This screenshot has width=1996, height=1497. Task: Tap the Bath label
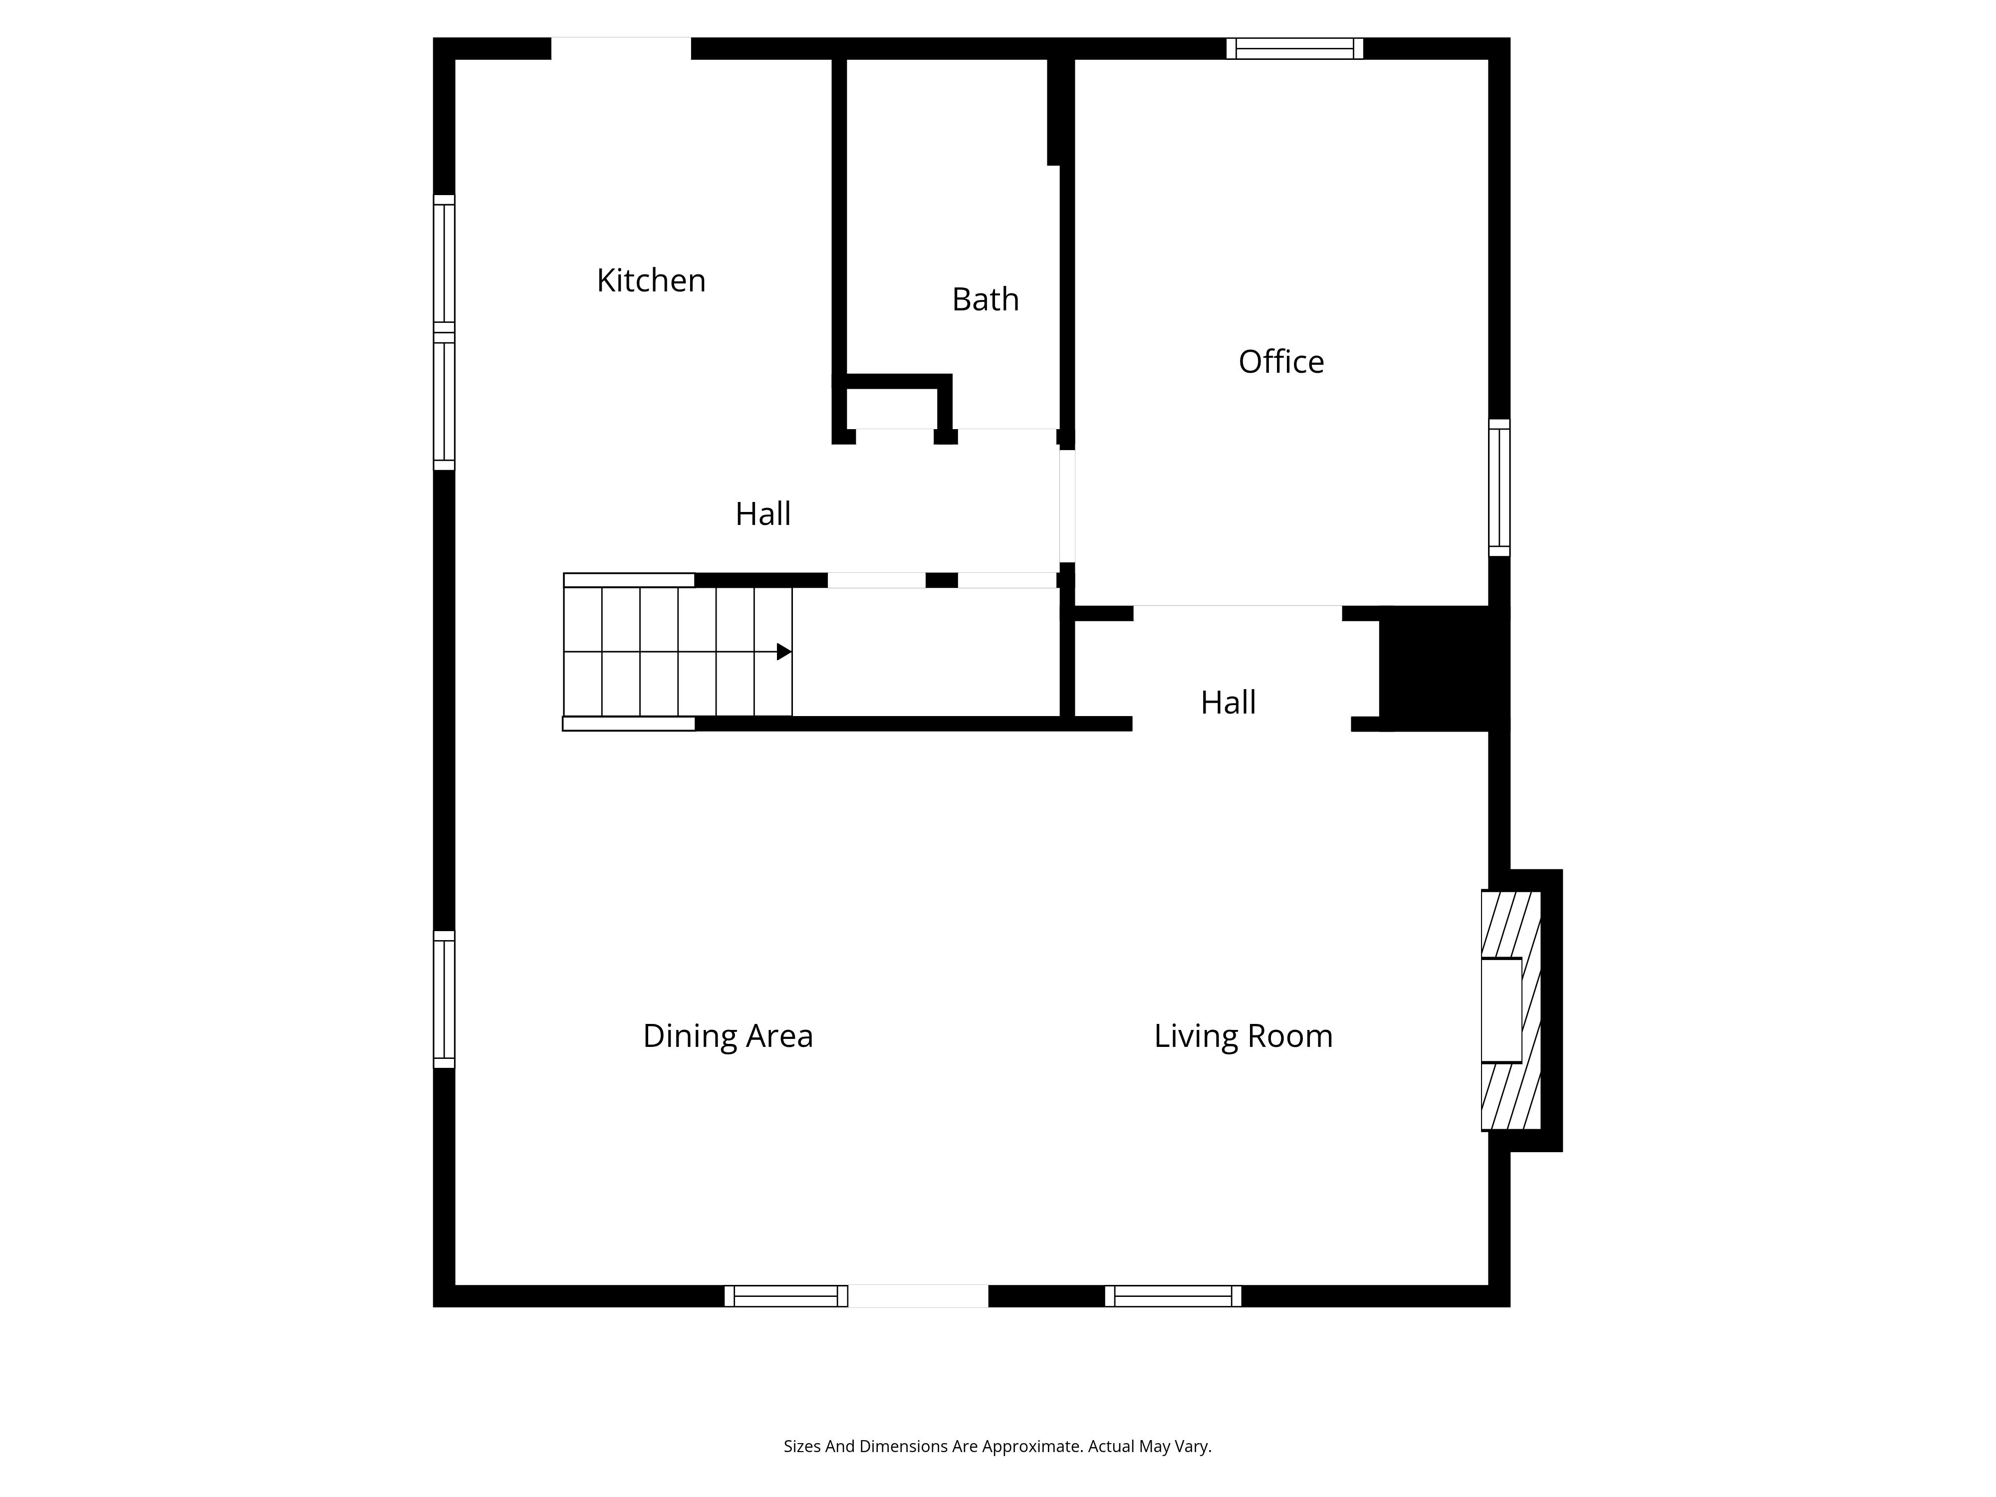[986, 299]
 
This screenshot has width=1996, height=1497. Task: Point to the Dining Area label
[728, 1036]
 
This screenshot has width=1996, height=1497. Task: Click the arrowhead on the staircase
[784, 652]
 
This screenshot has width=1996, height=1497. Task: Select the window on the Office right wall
[1499, 487]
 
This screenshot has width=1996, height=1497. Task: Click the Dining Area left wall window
[444, 999]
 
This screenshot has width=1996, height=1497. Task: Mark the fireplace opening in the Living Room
[1501, 1010]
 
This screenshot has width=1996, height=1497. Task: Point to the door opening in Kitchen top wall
[621, 49]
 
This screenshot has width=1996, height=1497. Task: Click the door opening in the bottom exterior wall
[918, 1296]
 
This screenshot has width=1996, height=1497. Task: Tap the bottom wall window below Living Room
[1173, 1296]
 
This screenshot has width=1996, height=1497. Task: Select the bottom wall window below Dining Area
[786, 1296]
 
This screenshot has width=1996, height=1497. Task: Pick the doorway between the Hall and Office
[1066, 506]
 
